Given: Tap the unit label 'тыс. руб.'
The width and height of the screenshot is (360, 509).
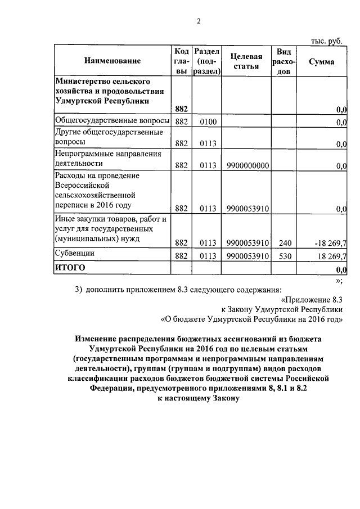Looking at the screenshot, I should click(327, 40).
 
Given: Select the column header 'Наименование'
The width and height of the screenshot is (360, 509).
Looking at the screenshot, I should click(112, 61).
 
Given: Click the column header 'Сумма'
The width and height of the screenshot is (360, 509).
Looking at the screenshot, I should click(322, 61).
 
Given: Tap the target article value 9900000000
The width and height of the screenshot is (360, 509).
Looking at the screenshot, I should click(247, 165).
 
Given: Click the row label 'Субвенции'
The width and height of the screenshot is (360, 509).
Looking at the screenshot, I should click(74, 254).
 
